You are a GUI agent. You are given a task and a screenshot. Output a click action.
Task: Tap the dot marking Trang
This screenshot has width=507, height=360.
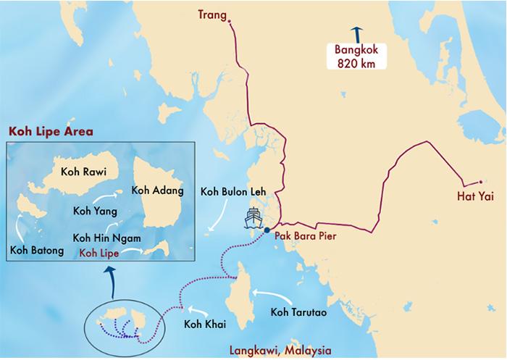[230, 22]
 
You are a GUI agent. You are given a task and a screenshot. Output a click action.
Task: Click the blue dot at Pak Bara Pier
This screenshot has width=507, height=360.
[267, 230]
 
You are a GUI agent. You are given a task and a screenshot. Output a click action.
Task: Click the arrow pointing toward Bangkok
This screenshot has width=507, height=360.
[356, 33]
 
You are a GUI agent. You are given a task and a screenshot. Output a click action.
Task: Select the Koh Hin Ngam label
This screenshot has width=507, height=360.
[106, 238]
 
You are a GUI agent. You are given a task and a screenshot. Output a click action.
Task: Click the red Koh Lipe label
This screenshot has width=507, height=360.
[99, 252]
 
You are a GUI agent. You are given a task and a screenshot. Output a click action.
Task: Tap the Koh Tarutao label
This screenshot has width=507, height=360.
[299, 312]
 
